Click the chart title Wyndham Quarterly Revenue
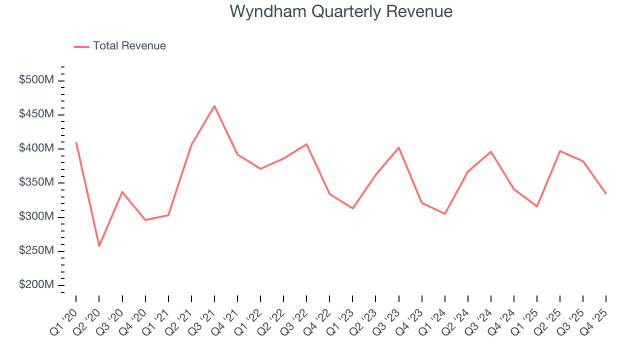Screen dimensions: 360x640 click(341, 11)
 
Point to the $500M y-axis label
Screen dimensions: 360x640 click(36, 80)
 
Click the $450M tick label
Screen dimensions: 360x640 click(36, 114)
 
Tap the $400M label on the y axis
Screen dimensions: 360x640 click(36, 148)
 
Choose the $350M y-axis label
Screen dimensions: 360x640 click(36, 182)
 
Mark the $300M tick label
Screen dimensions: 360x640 click(36, 216)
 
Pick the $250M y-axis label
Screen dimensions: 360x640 click(36, 250)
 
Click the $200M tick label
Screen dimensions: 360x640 click(36, 284)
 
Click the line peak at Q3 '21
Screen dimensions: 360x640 click(214, 106)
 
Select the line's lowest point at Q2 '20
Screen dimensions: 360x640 click(99, 246)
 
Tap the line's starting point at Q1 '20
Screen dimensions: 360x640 click(76, 143)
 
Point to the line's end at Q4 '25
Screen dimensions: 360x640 click(606, 193)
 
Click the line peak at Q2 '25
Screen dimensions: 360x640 click(560, 151)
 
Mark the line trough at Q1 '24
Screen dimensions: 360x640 click(444, 214)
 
